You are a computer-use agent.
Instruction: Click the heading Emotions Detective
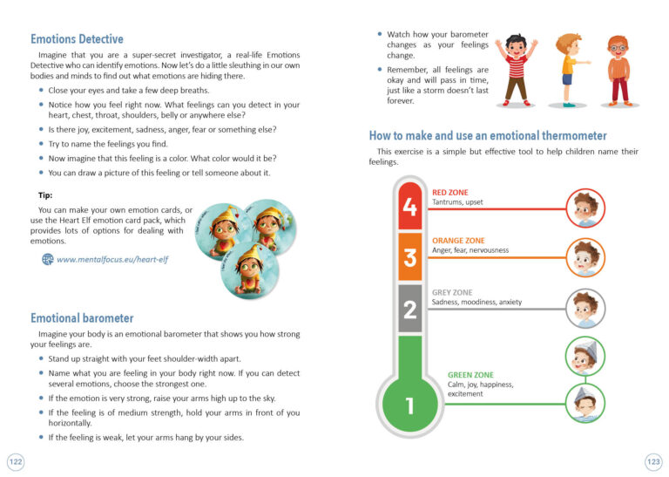[77, 39]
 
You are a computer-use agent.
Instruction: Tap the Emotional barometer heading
[82, 318]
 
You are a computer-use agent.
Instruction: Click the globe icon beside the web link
[47, 259]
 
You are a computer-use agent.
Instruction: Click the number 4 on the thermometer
[410, 208]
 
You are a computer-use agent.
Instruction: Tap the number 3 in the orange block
[410, 256]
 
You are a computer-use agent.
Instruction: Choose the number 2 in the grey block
[410, 307]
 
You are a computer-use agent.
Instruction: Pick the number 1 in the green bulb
[409, 405]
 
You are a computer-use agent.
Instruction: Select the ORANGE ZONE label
[458, 240]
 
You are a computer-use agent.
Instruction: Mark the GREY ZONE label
[452, 292]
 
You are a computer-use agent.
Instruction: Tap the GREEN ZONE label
[471, 375]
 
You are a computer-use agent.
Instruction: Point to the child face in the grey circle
[585, 308]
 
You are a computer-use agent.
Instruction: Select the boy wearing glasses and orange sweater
[618, 70]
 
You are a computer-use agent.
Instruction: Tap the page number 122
[16, 460]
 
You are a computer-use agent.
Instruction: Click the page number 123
[653, 460]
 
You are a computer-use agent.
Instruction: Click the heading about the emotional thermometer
[488, 136]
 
